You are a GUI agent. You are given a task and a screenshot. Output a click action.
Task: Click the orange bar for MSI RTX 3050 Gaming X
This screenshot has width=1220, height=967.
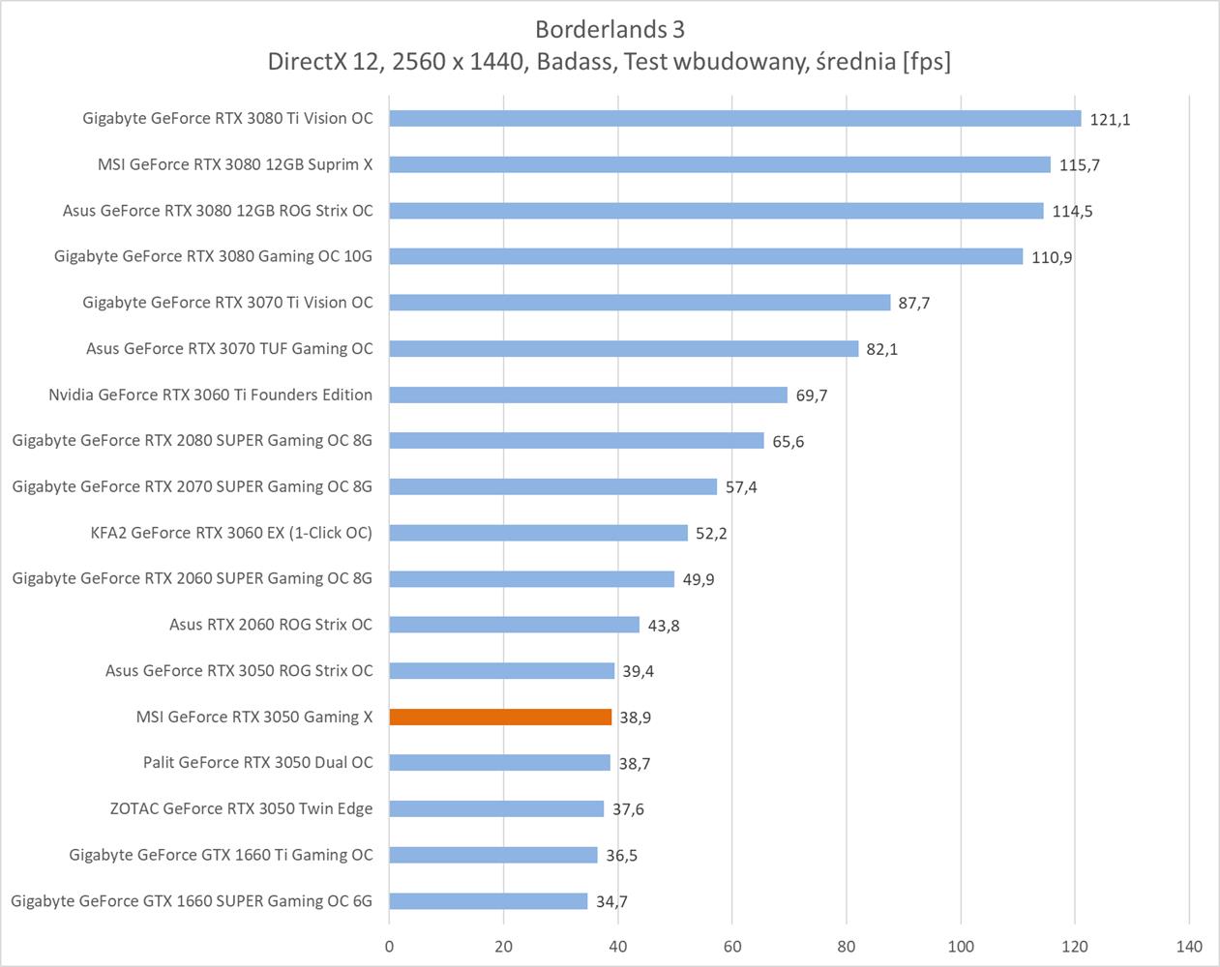coord(500,717)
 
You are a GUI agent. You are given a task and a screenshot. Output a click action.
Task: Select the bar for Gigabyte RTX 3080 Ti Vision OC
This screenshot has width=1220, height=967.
coord(735,118)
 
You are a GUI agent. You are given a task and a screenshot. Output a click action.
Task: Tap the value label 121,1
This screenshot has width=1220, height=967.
coord(1110,119)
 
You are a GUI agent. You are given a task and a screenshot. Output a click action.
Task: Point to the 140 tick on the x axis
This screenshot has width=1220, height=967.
coord(1189,946)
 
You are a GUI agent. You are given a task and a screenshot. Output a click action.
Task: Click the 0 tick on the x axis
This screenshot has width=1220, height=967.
coord(389,946)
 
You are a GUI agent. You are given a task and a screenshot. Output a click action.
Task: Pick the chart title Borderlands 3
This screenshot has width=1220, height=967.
coord(610,29)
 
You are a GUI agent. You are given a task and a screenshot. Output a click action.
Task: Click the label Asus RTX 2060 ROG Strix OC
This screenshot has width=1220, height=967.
coord(271,625)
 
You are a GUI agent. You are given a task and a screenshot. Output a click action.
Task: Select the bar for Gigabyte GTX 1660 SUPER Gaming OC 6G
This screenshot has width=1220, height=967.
coord(489,901)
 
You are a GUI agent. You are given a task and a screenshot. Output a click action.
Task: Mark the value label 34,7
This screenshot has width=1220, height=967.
coord(611,902)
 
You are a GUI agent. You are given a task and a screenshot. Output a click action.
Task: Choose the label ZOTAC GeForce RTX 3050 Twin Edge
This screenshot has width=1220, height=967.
coord(241,808)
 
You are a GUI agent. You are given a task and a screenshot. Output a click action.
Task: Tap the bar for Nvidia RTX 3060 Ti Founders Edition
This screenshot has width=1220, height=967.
coord(588,395)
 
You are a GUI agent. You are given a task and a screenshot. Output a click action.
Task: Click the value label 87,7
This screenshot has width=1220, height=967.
coord(913,303)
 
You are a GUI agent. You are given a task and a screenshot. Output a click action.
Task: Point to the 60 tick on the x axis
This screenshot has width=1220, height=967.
coord(732,946)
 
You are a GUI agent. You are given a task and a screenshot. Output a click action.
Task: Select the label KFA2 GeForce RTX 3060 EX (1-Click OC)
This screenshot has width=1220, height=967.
coord(231,533)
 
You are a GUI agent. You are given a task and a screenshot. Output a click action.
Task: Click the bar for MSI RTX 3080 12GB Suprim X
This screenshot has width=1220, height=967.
coord(720,164)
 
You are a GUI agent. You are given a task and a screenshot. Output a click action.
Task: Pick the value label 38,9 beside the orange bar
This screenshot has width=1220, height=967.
coord(635,718)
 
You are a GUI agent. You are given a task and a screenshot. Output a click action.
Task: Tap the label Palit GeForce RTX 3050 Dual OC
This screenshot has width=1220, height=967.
coord(257,763)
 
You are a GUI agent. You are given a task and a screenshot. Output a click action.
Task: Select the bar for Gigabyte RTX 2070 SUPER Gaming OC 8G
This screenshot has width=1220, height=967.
coord(553,486)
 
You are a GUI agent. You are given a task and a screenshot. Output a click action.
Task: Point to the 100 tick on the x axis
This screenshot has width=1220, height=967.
coord(961,946)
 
